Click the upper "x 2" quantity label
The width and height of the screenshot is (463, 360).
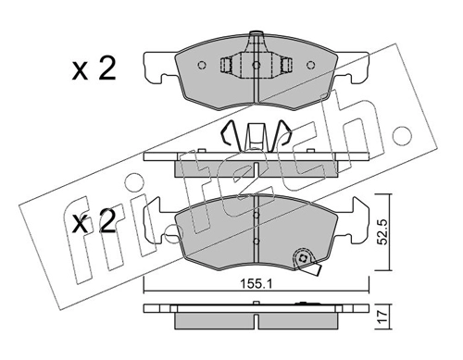[94, 69]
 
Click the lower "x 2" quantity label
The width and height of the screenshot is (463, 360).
[94, 222]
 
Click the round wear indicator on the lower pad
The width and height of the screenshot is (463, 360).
[299, 260]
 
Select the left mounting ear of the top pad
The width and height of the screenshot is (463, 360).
[160, 65]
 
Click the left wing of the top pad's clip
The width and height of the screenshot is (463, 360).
[228, 67]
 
